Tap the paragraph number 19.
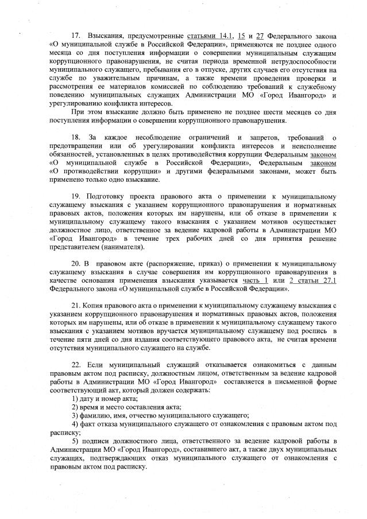[75, 197]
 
